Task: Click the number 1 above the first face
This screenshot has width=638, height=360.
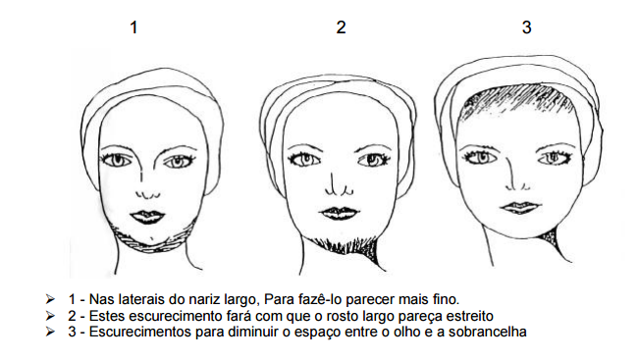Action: (x=133, y=27)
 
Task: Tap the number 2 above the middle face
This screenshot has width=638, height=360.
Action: (x=341, y=27)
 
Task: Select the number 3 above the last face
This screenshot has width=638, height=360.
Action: (x=526, y=27)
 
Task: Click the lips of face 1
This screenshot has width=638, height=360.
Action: (x=147, y=217)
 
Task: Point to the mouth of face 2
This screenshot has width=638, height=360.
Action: (x=340, y=213)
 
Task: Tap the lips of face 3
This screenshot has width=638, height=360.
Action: (x=521, y=208)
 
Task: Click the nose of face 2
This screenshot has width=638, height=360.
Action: (x=339, y=185)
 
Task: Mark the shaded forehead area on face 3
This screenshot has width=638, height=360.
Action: (x=516, y=100)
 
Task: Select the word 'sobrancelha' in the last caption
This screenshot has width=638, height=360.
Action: (x=488, y=332)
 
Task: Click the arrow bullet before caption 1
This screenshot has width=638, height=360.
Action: (x=50, y=299)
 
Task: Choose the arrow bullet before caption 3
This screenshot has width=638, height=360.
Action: (x=50, y=332)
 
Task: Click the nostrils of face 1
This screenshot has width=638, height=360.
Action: (x=148, y=194)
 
